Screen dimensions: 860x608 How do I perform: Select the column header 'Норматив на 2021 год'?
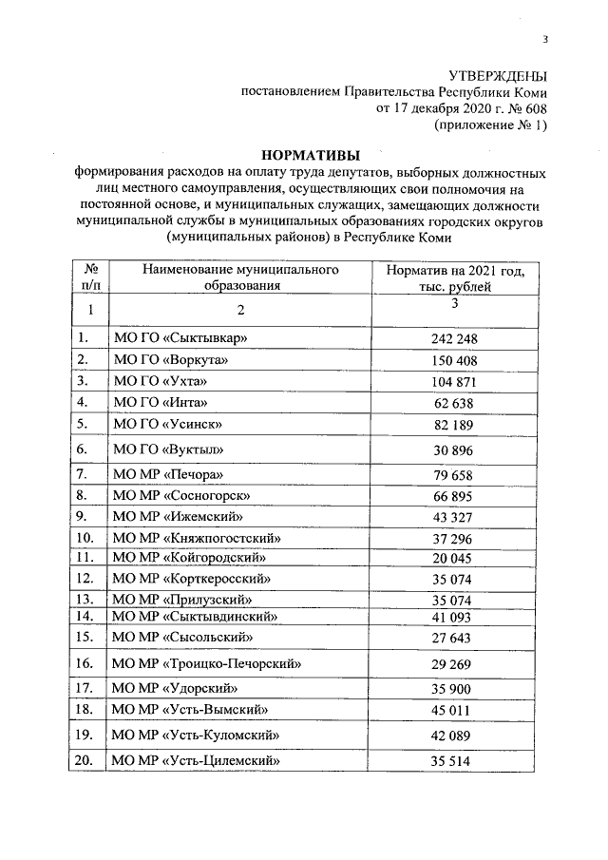point(455,271)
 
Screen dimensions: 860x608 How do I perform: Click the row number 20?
point(85,760)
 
